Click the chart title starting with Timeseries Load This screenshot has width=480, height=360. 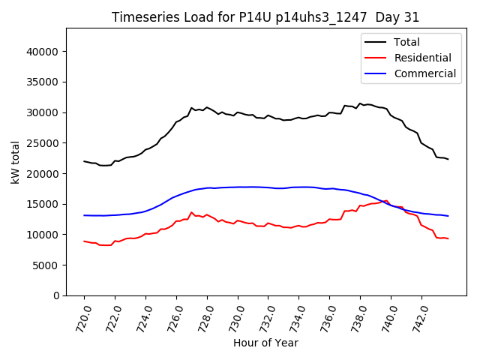point(265,17)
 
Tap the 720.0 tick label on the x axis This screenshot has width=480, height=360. point(80,318)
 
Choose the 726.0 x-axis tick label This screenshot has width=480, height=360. point(172,318)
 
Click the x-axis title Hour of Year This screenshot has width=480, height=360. point(265,343)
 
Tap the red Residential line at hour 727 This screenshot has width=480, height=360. point(192,213)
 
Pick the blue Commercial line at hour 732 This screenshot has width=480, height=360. point(268,187)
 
